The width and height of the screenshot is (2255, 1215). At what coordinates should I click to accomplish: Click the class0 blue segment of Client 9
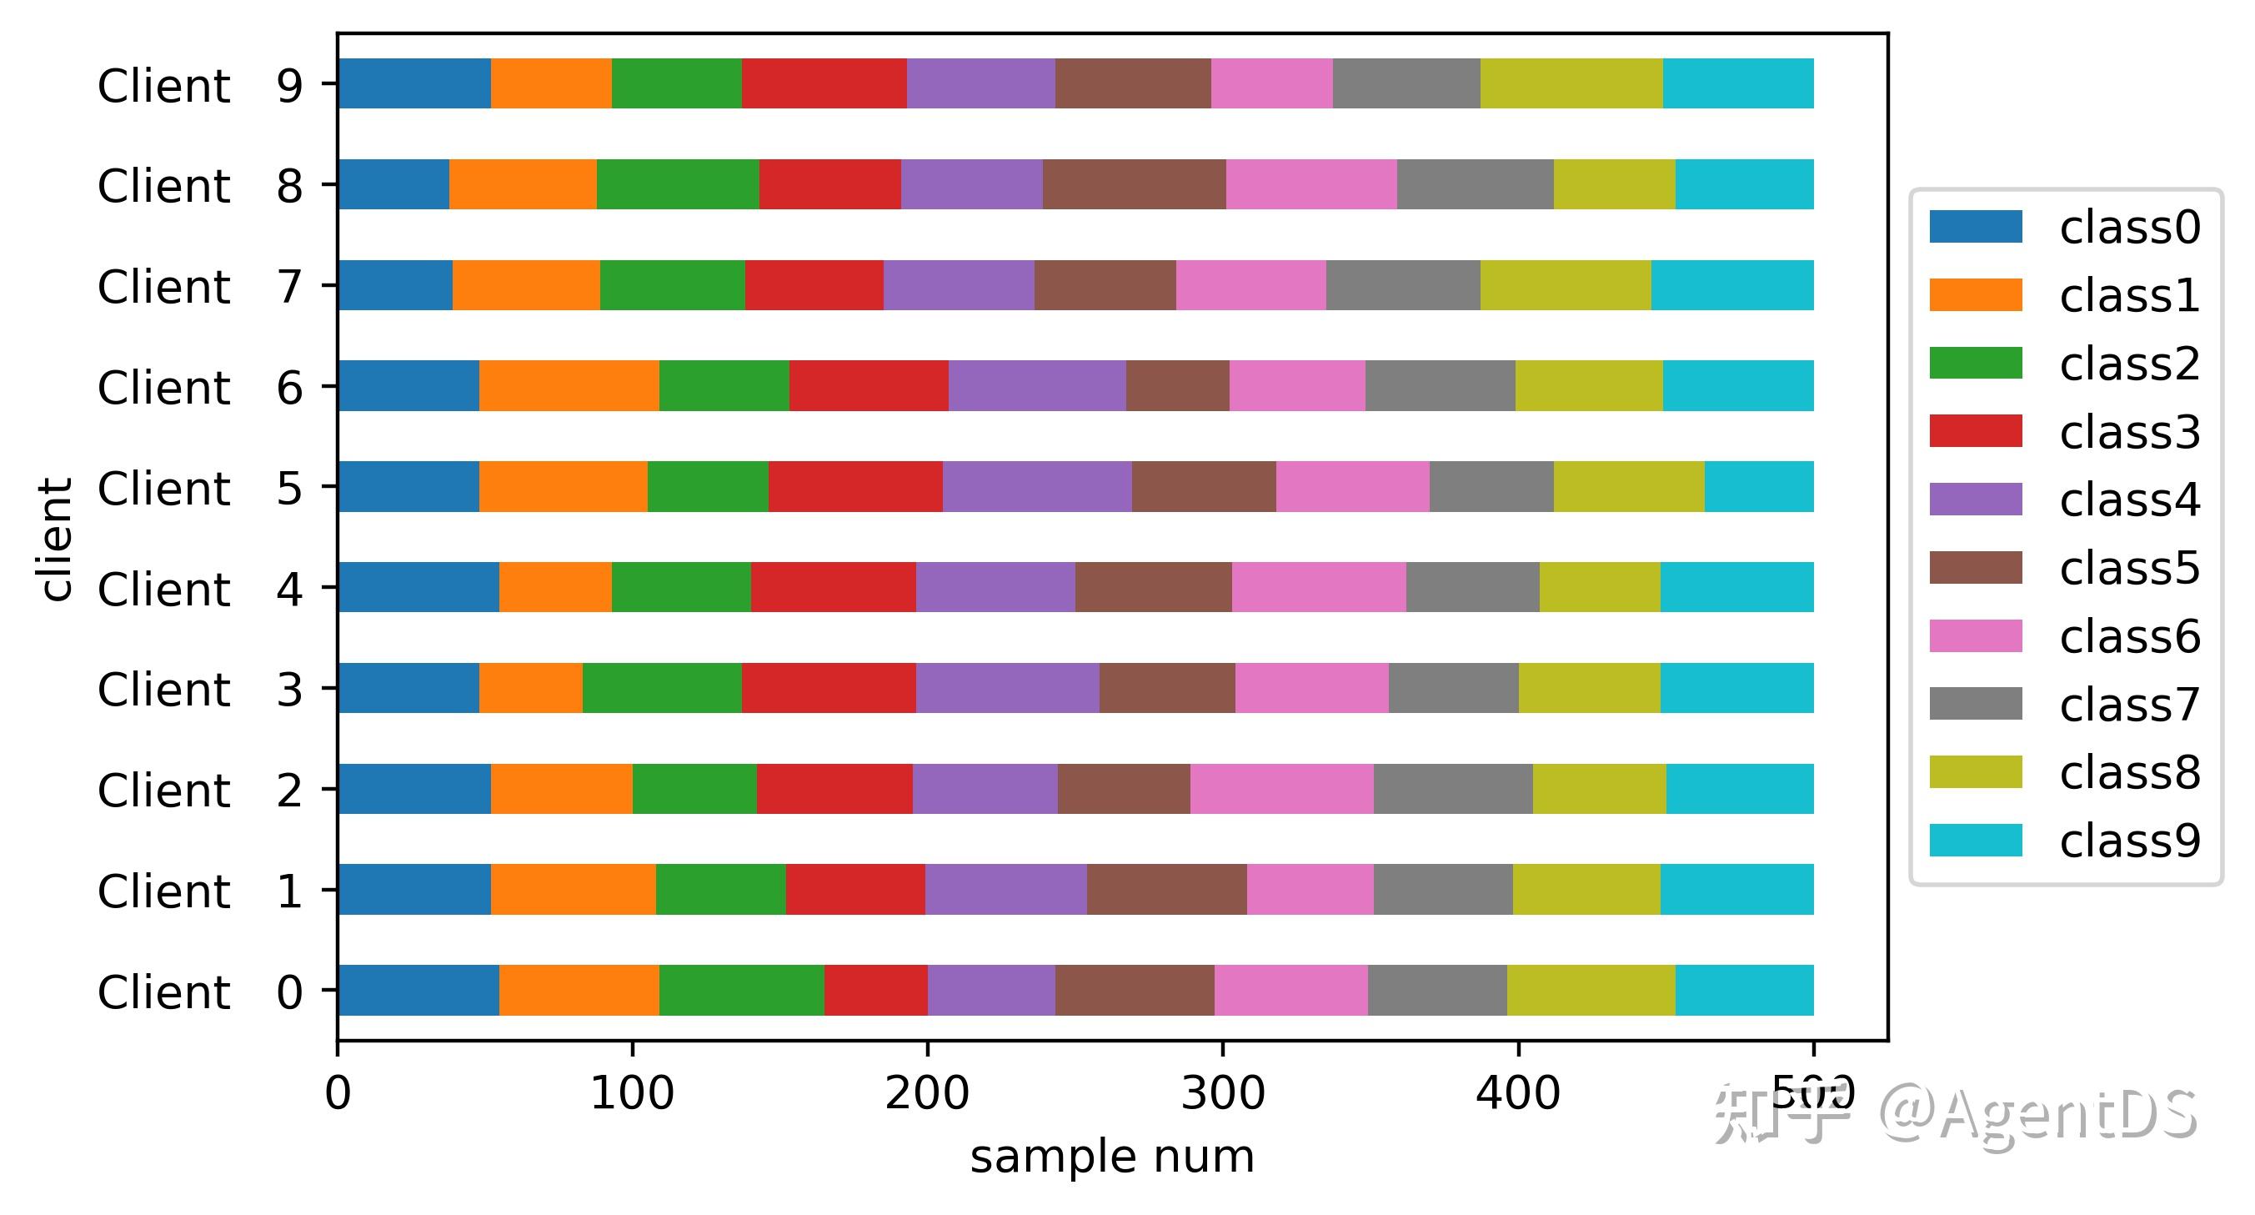click(414, 83)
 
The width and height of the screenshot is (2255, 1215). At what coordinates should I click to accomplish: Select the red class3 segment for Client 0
click(875, 989)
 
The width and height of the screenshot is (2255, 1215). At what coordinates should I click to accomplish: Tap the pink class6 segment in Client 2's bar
click(1281, 788)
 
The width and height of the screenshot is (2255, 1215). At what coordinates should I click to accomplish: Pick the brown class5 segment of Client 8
click(1134, 183)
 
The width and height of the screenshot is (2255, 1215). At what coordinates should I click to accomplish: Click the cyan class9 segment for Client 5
click(1759, 486)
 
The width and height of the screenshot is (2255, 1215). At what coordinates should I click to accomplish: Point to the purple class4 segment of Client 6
click(1036, 385)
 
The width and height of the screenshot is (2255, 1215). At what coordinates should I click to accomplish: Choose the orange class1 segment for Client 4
click(555, 586)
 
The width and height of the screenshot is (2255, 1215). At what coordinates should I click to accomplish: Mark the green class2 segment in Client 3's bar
click(662, 687)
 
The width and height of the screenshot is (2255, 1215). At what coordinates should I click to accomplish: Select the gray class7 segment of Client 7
click(1402, 284)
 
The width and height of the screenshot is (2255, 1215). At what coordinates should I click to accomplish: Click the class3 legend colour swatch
click(1976, 432)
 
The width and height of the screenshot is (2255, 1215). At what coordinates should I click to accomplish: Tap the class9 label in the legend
click(2129, 841)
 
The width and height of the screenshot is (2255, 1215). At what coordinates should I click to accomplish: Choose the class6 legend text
click(2129, 636)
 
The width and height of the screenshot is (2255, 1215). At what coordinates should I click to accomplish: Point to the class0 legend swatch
click(1976, 227)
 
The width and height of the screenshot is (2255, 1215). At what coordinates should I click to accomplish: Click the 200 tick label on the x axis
click(927, 1094)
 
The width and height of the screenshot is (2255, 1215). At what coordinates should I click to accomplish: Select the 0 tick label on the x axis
click(338, 1094)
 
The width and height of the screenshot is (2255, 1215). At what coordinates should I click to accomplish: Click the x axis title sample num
click(1112, 1157)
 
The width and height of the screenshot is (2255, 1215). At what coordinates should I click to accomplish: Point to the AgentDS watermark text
click(2040, 1113)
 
